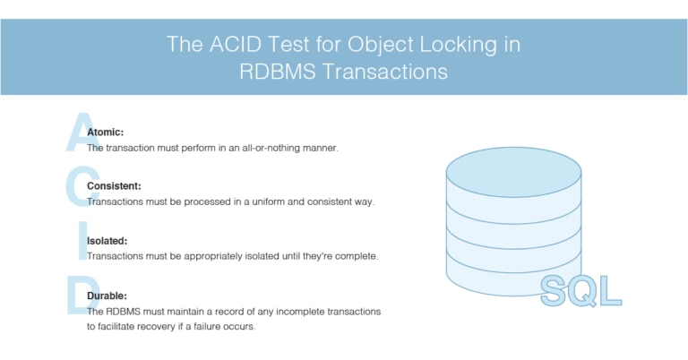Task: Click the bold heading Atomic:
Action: click(106, 132)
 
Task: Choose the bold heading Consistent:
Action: click(114, 186)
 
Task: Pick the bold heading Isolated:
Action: click(107, 241)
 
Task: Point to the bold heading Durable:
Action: click(107, 295)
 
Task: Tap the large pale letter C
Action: click(78, 187)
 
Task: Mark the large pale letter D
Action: click(79, 296)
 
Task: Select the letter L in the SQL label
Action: click(611, 290)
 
